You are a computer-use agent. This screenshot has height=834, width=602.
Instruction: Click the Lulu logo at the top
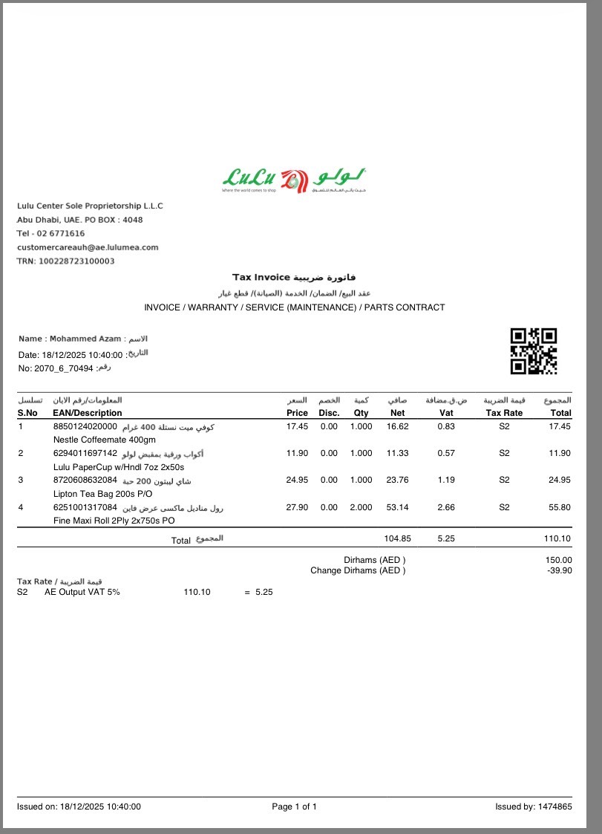pyautogui.click(x=294, y=179)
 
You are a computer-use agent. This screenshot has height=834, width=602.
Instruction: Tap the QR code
pyautogui.click(x=533, y=351)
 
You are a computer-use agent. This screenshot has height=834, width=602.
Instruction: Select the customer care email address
pyautogui.click(x=88, y=247)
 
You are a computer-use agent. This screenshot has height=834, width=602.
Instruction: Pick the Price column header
pyautogui.click(x=297, y=413)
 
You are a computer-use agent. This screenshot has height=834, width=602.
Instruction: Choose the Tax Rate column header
pyautogui.click(x=504, y=413)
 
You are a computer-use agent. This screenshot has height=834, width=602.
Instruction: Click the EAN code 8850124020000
pyautogui.click(x=85, y=426)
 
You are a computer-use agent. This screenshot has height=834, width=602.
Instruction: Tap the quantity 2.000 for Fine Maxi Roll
pyautogui.click(x=361, y=507)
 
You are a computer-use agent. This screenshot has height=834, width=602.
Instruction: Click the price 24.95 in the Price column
pyautogui.click(x=297, y=480)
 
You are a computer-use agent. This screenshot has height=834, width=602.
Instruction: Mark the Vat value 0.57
pyautogui.click(x=446, y=453)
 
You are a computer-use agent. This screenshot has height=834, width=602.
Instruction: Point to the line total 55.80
pyautogui.click(x=560, y=507)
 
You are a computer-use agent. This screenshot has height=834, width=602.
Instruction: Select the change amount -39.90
pyautogui.click(x=559, y=570)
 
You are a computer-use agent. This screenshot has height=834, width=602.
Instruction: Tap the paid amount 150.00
pyautogui.click(x=559, y=560)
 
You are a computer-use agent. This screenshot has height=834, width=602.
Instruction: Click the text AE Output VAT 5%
pyautogui.click(x=82, y=592)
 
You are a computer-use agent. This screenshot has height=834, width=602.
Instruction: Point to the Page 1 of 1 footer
pyautogui.click(x=295, y=807)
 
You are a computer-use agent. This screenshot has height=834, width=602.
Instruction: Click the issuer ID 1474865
pyautogui.click(x=556, y=807)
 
